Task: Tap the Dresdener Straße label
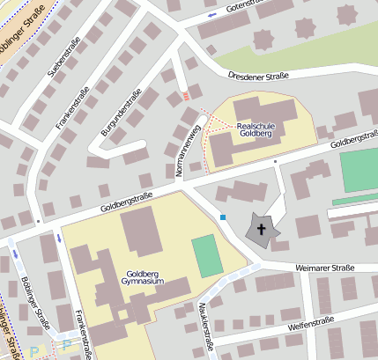point(259,77)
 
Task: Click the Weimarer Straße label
point(324,268)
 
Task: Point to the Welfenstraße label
point(313,327)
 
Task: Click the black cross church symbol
point(262,230)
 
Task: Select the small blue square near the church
point(223,217)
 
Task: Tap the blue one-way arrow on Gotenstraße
point(211,14)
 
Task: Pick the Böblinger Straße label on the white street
point(31,299)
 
